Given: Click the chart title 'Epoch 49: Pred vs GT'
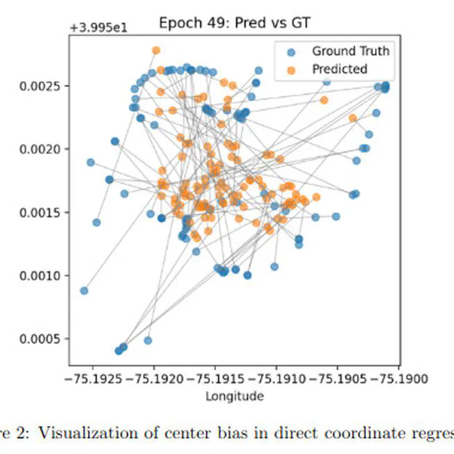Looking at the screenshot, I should point(234,22).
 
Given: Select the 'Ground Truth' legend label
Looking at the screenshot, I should point(350,51).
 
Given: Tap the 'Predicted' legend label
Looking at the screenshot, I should point(339,69).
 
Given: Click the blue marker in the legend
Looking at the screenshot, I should point(291,51).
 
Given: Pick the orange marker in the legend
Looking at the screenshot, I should point(291,69).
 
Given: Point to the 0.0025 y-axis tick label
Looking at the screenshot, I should point(42,86).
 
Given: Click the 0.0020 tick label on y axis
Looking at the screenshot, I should point(42,149).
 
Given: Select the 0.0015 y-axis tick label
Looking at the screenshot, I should point(42,212).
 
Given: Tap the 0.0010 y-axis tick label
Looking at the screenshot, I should point(42,276).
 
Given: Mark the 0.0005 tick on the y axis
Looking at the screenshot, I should point(42,339).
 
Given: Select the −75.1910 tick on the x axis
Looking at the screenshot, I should point(277,379).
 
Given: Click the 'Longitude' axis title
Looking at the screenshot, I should point(234,396).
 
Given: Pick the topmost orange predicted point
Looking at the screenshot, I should point(156,51).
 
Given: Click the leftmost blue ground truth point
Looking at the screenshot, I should point(84,290).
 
